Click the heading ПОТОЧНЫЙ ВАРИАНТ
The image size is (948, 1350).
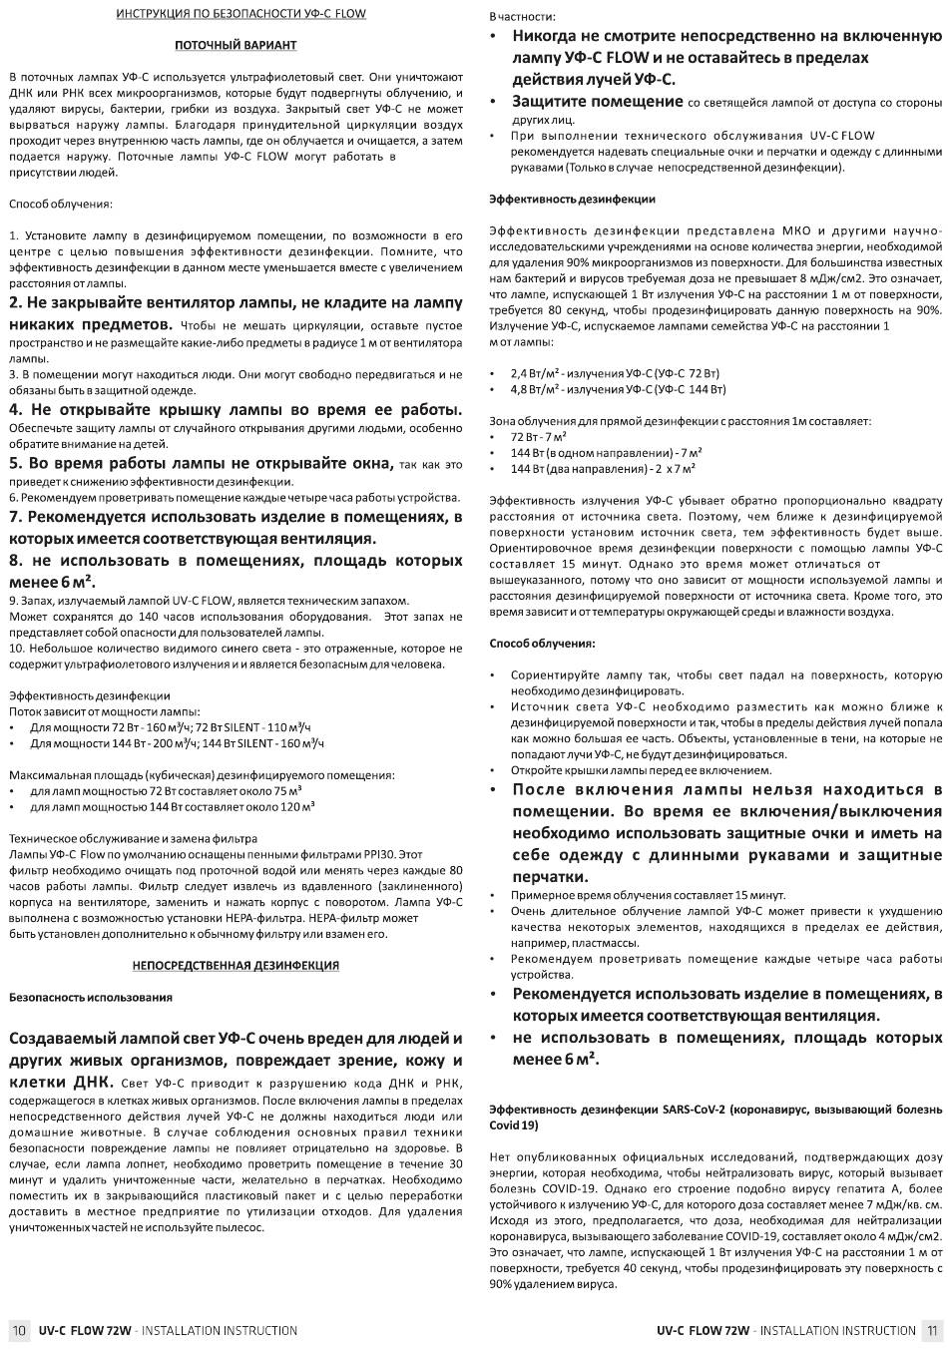236,45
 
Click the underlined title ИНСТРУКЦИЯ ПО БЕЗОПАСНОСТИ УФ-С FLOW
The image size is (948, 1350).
240,14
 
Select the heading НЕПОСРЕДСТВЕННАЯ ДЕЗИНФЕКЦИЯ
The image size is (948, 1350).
236,965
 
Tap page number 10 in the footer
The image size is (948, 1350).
19,1330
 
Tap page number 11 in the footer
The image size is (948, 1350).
931,1330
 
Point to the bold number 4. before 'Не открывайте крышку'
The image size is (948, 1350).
15,410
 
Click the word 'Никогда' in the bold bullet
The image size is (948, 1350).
547,36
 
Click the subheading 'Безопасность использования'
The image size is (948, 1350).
91,997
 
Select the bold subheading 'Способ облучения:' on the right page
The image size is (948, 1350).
542,644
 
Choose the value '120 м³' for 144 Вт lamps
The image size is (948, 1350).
296,806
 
